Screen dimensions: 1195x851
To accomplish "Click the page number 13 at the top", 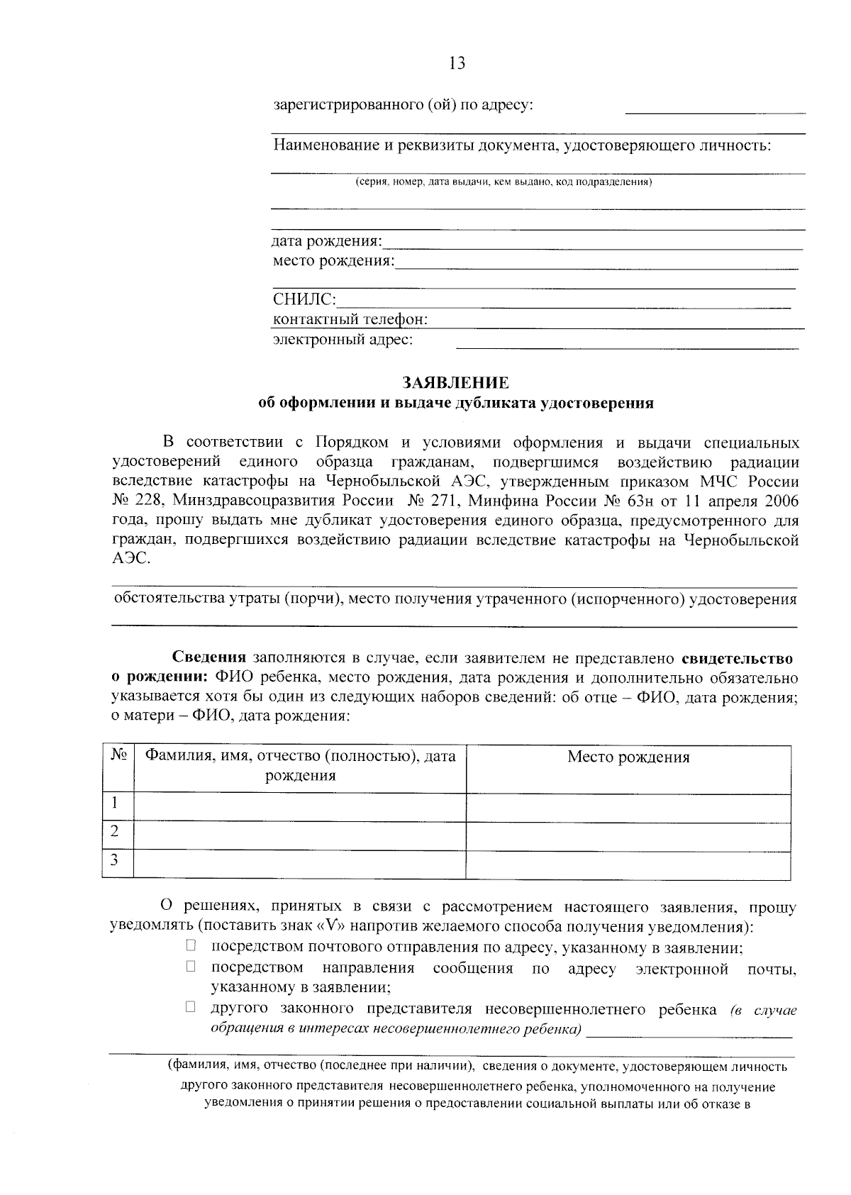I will pos(457,63).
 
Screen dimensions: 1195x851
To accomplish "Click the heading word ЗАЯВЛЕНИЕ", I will pos(456,383).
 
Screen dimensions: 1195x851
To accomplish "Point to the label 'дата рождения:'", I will pos(327,242).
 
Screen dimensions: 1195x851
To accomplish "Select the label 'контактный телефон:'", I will pos(350,320).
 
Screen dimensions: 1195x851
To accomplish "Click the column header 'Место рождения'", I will pos(628,757).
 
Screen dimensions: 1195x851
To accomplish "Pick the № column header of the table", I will pos(118,755).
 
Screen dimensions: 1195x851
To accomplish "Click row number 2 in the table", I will pos(114,831).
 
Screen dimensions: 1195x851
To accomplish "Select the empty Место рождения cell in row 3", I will pos(628,865).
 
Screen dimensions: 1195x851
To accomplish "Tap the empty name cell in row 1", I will pos(300,807).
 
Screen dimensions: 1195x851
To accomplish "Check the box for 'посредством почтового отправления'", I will pos(191,945).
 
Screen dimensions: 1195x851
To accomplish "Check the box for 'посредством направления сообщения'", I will pos(191,966).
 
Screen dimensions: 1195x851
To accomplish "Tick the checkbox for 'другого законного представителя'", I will pos(191,1006).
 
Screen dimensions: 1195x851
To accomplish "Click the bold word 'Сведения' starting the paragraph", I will pos(210,658).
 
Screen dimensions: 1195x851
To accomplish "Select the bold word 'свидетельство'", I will pos(742,658).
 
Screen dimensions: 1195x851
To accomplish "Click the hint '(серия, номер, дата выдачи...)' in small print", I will pos(504,182).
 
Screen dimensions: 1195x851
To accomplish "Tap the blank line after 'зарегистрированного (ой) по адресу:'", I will pos(715,108).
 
